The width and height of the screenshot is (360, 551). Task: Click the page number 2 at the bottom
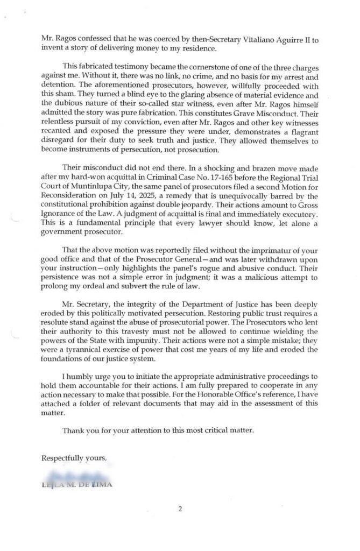[180, 508]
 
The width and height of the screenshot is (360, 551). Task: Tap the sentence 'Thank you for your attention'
[117, 430]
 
